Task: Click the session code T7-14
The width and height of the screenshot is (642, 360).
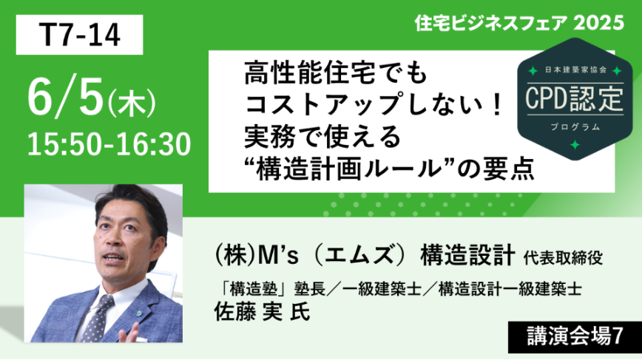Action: [x=79, y=35]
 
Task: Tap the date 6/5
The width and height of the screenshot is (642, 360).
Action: [x=65, y=98]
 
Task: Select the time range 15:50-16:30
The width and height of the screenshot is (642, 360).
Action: [x=109, y=144]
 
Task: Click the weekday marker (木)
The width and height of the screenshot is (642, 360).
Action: [x=132, y=103]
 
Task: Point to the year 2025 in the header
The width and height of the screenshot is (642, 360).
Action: [x=598, y=23]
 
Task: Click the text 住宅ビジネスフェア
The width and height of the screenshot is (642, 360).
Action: [x=491, y=23]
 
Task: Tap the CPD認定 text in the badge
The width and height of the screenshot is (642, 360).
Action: [x=575, y=99]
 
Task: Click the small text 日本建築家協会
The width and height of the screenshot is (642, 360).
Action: [x=575, y=70]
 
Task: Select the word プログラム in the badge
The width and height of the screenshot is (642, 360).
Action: [x=575, y=127]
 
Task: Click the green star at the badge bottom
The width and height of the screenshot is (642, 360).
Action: [x=575, y=145]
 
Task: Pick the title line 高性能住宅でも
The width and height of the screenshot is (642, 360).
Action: [x=336, y=74]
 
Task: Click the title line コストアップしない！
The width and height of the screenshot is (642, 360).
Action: [x=373, y=105]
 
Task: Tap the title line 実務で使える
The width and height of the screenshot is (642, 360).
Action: [x=322, y=136]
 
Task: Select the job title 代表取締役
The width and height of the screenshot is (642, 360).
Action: [x=563, y=258]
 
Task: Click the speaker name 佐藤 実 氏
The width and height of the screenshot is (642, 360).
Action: [x=262, y=312]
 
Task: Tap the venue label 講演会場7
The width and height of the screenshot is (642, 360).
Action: [x=575, y=336]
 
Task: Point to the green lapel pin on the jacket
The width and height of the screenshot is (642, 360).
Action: [x=140, y=313]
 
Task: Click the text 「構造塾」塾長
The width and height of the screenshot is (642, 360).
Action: [x=269, y=289]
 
